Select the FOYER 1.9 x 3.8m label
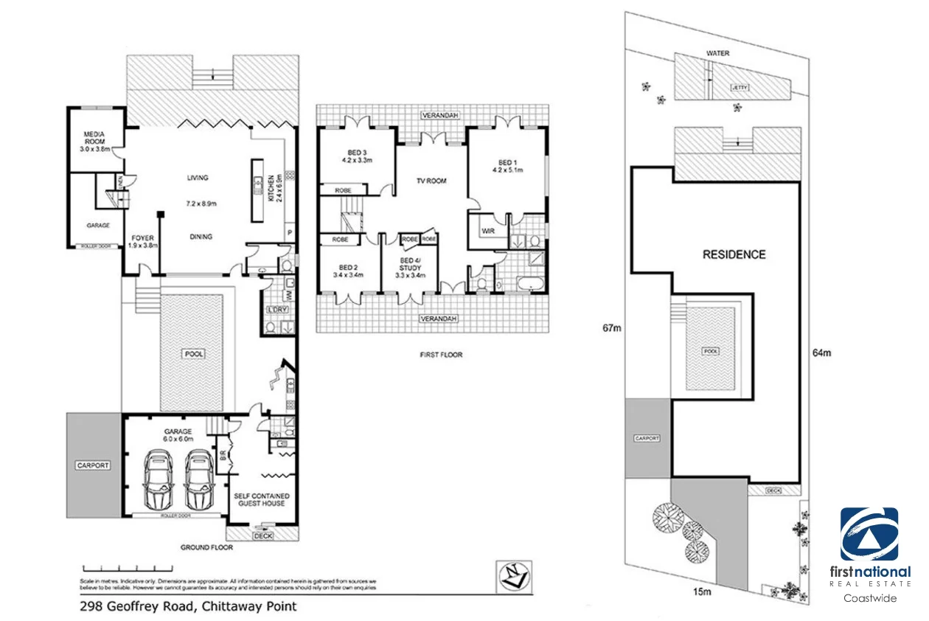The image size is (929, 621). (x=142, y=242)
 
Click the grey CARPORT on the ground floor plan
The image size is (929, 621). (x=93, y=465)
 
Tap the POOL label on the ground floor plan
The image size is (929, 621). (x=195, y=354)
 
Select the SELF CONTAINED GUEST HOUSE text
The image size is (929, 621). (x=262, y=499)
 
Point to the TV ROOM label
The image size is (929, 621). (x=431, y=181)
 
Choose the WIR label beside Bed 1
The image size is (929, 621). (x=487, y=231)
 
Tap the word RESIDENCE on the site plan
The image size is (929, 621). (x=734, y=254)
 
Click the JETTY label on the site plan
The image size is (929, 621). (x=739, y=87)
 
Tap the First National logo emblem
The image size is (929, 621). (x=869, y=534)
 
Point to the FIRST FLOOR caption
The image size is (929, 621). (x=440, y=355)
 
